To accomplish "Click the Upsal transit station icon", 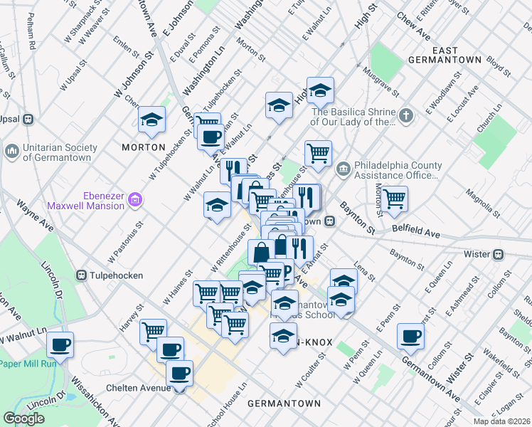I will [28, 119].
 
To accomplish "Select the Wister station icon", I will [499, 254].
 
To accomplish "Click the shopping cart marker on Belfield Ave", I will [393, 200].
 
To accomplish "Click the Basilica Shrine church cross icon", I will [405, 115].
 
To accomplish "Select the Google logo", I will [24, 418].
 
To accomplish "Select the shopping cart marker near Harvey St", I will [153, 331].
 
